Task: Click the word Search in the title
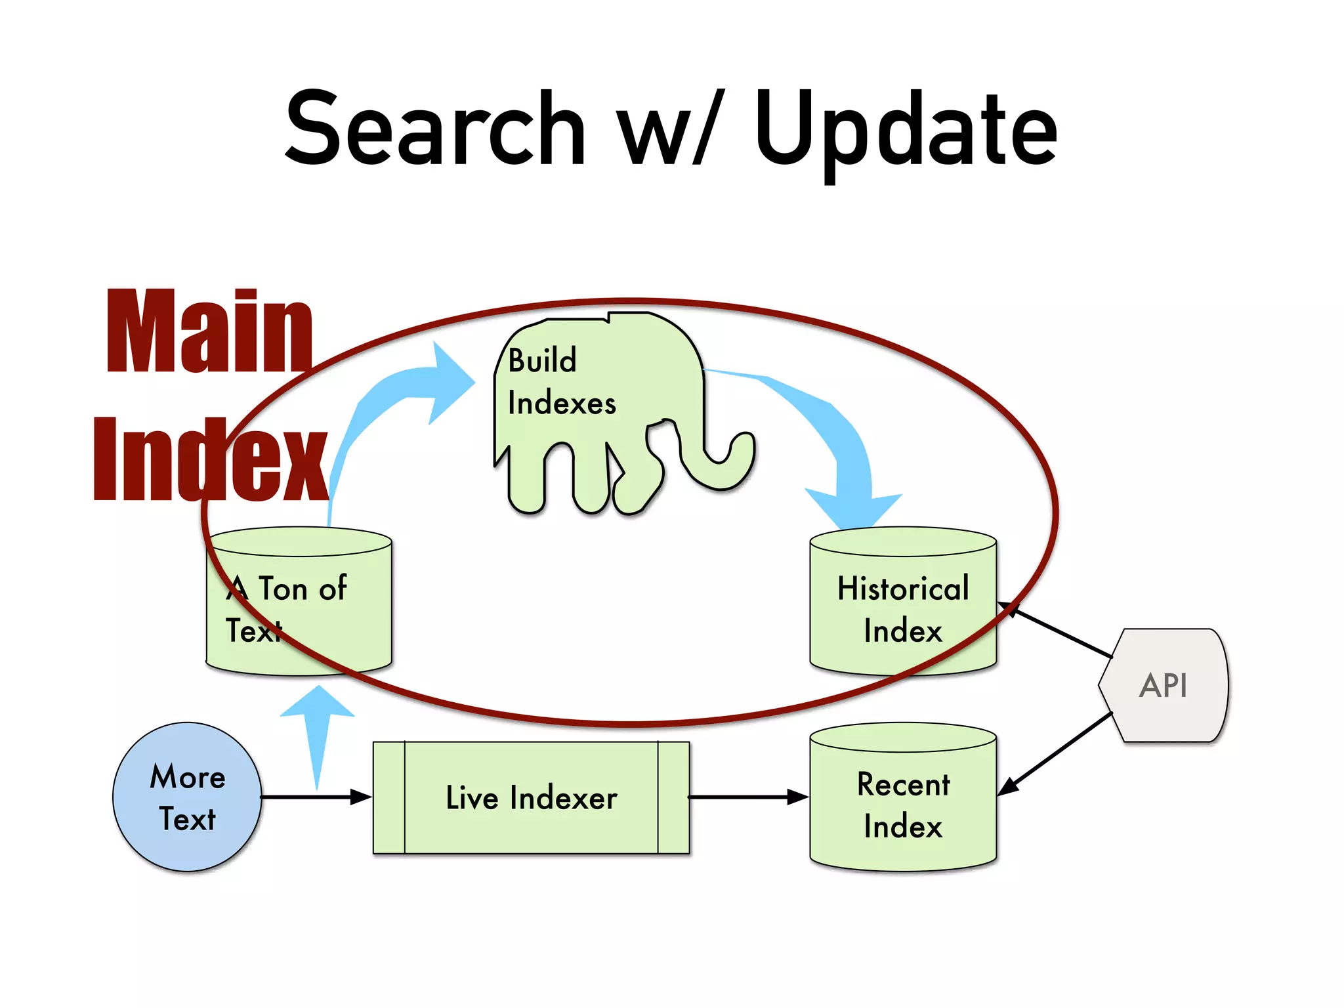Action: (x=434, y=129)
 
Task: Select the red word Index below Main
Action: (x=210, y=459)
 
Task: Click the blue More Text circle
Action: (x=187, y=797)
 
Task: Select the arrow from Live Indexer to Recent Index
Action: (x=748, y=797)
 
